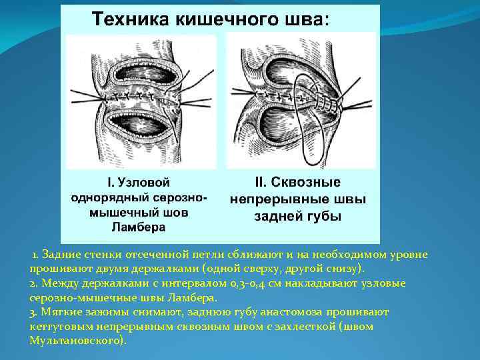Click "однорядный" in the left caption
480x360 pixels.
pyautogui.click(x=106, y=197)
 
